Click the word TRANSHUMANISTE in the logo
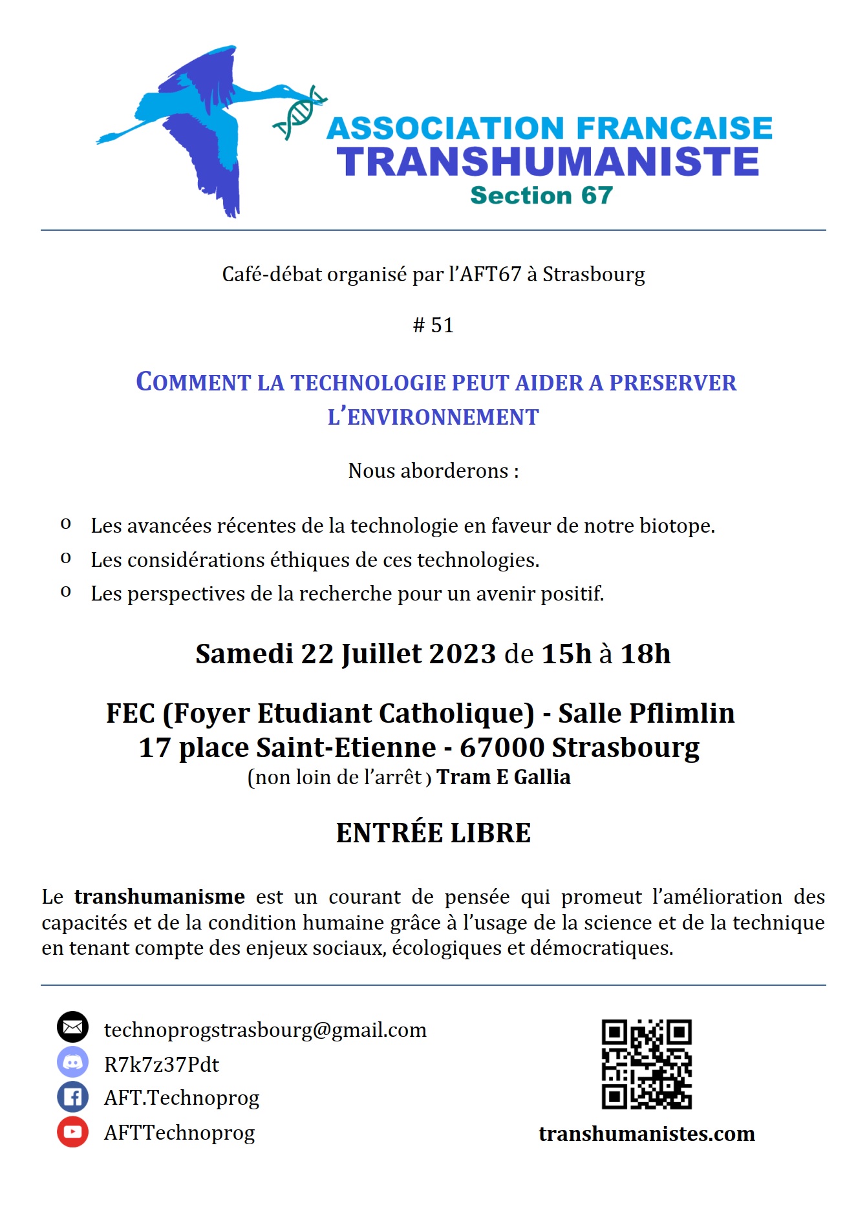click(548, 162)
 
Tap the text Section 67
click(541, 195)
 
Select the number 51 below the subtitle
click(442, 325)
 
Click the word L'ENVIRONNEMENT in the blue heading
click(433, 417)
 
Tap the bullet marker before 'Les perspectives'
click(65, 591)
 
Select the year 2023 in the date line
click(462, 654)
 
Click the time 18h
click(645, 654)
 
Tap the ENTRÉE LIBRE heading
click(433, 833)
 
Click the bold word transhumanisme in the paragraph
click(159, 897)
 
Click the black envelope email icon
click(72, 1027)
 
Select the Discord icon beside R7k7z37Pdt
click(72, 1062)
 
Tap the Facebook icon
click(72, 1097)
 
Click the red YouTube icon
click(72, 1132)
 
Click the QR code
click(647, 1065)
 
